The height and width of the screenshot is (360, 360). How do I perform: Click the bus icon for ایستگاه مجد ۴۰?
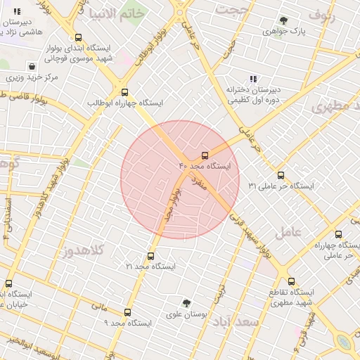click(x=205, y=155)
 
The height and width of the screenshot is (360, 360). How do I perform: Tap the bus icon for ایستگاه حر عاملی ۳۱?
click(x=281, y=175)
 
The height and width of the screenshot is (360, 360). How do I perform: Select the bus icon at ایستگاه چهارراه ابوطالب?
click(x=124, y=92)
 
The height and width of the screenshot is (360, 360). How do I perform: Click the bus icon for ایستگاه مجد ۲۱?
click(x=150, y=256)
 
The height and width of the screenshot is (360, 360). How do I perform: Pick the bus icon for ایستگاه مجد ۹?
click(x=127, y=312)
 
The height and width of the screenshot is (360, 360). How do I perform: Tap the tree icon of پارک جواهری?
click(x=283, y=21)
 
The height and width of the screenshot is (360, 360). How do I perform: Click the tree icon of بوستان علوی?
click(x=186, y=303)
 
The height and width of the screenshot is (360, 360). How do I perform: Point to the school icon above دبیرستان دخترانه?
click(x=252, y=79)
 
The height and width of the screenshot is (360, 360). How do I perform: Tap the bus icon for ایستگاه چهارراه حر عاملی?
click(x=338, y=235)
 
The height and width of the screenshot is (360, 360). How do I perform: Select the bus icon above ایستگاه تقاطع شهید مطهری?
click(x=282, y=271)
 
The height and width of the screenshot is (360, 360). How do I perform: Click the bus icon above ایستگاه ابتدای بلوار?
click(x=78, y=38)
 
